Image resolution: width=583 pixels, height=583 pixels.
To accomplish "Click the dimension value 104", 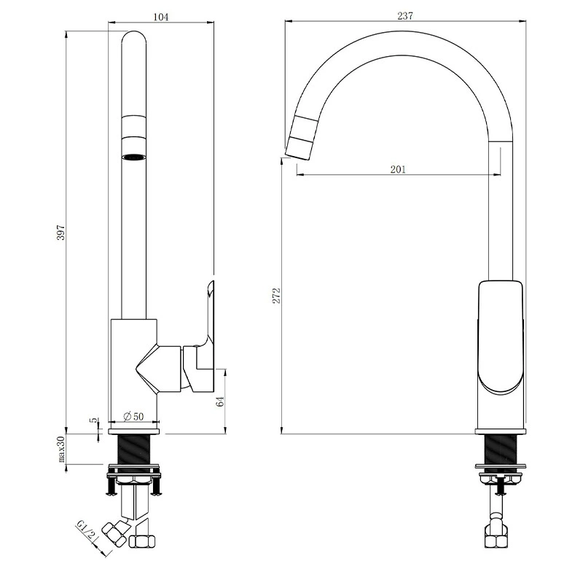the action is coord(160,17).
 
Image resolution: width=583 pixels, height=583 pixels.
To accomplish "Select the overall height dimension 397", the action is coord(61,232).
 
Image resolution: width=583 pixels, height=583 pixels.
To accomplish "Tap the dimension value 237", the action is coord(405,16).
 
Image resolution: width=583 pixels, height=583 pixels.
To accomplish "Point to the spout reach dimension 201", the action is coord(398,170).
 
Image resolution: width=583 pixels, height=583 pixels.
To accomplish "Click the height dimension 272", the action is coord(277,296).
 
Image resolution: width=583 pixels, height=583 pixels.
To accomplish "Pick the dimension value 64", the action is coord(221,402).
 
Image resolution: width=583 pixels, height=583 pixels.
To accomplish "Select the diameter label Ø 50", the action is coord(133,416).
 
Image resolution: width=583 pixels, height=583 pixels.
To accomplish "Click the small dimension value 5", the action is coord(95,420).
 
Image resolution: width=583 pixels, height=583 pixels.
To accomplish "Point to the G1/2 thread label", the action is coord(86,530).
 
